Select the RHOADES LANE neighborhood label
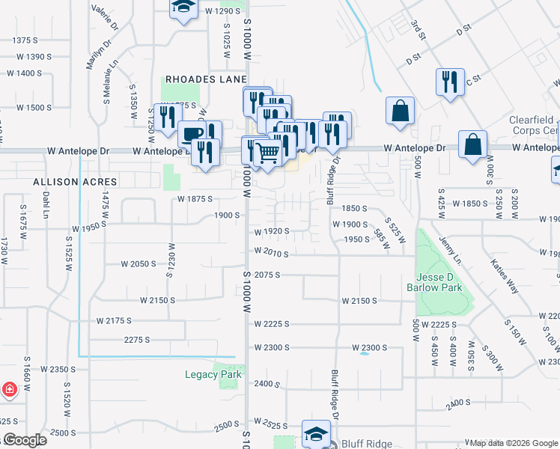(x=201, y=79)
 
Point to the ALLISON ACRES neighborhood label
(x=75, y=182)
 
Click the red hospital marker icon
(x=9, y=389)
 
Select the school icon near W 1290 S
(x=182, y=8)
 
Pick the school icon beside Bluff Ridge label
(x=316, y=433)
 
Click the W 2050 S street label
(x=139, y=264)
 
